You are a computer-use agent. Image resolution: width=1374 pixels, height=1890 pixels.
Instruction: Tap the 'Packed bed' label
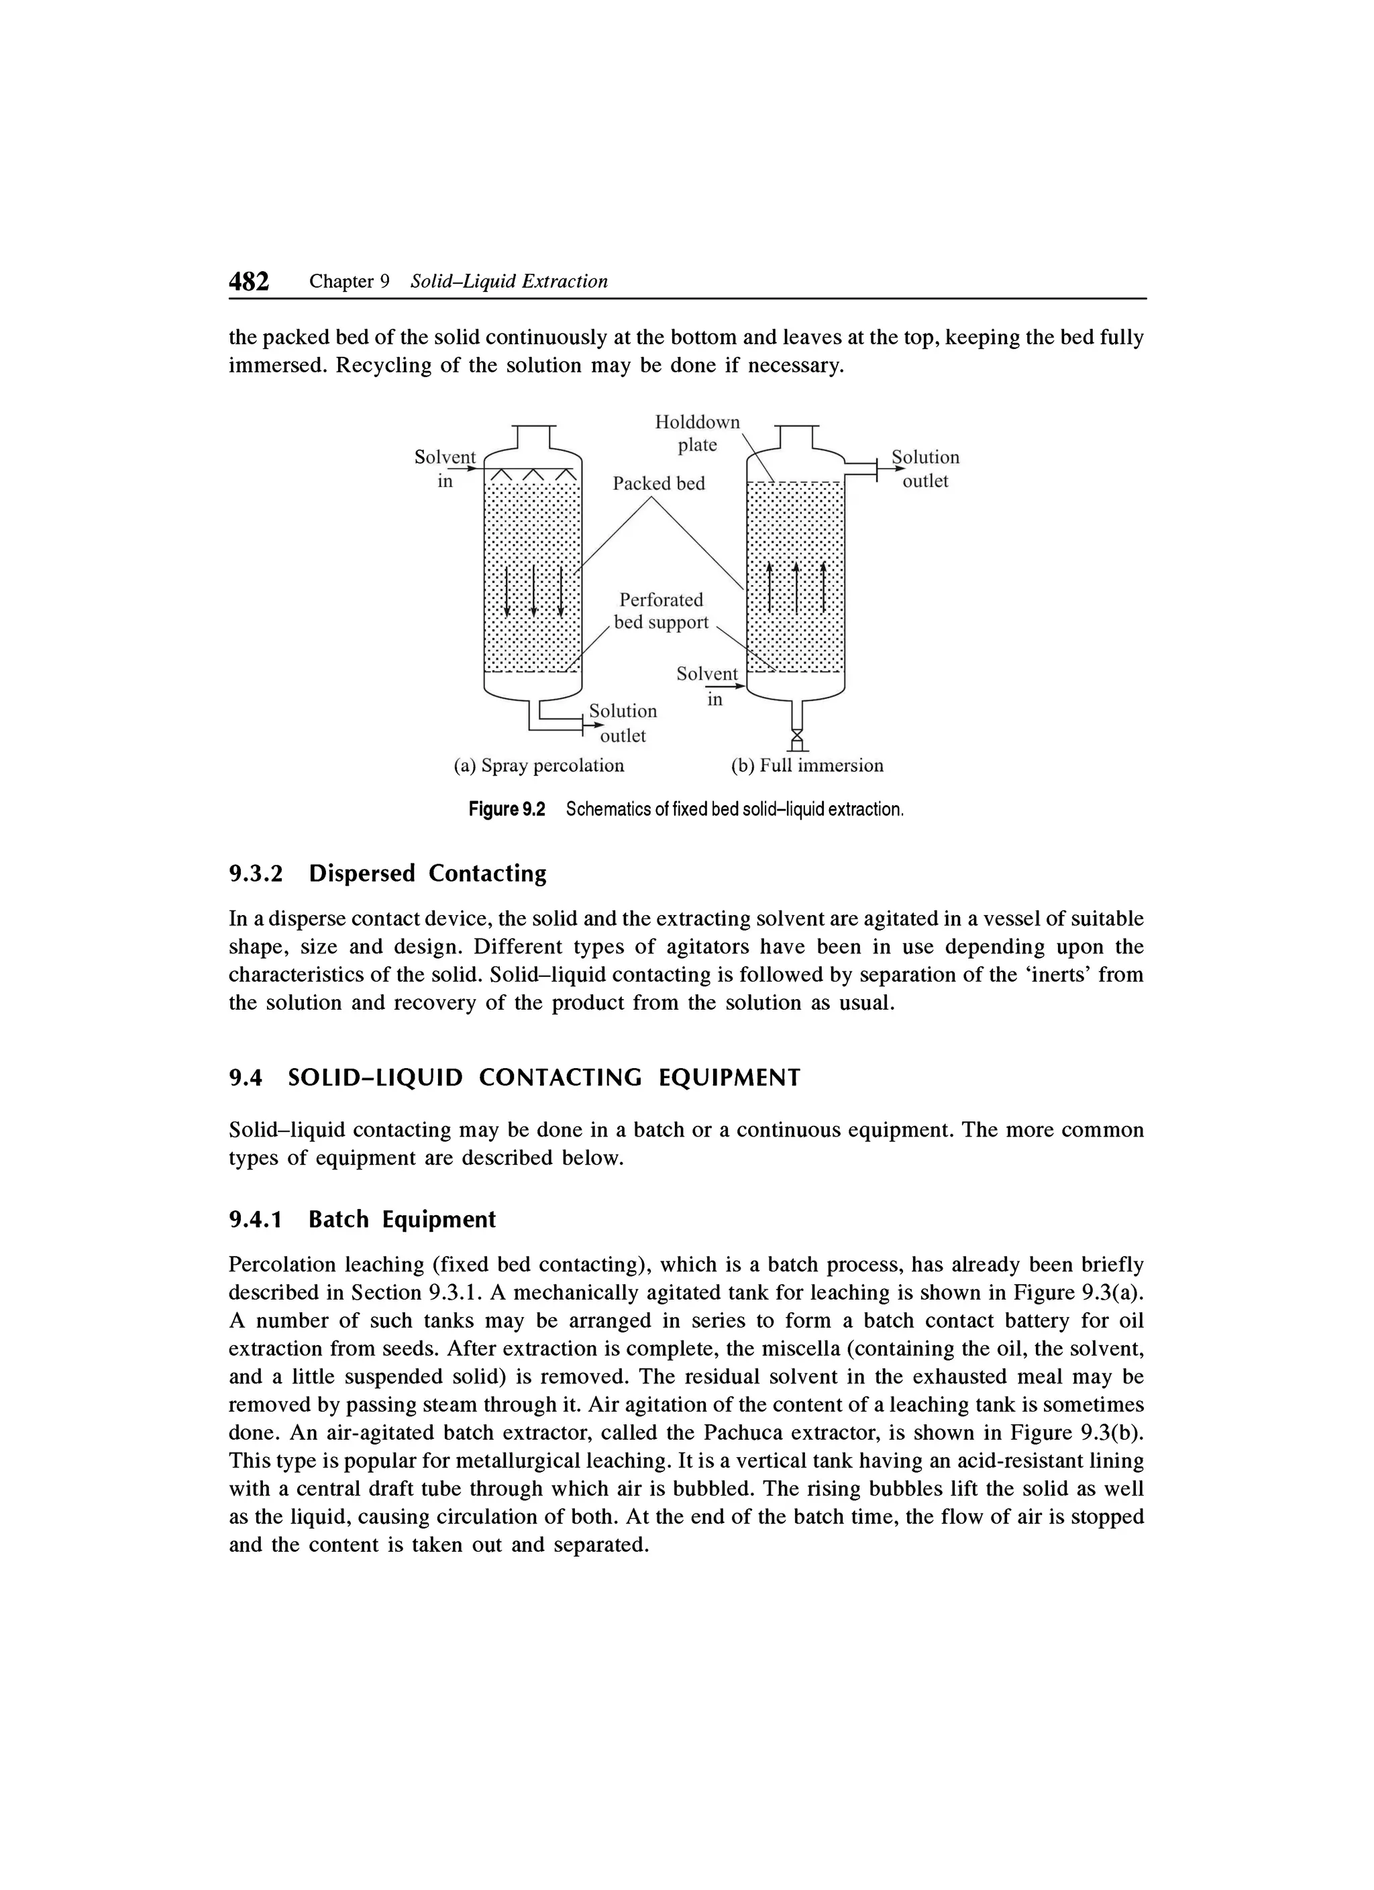658,483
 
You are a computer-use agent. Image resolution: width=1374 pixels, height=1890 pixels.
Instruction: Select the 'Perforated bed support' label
661,611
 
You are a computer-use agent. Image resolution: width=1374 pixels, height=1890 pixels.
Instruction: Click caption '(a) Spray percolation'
538,765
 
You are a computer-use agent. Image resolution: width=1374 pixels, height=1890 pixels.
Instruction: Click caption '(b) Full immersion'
806,765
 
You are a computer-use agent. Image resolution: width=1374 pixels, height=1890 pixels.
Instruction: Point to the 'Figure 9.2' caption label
507,809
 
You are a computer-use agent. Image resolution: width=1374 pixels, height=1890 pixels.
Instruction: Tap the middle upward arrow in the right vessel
796,588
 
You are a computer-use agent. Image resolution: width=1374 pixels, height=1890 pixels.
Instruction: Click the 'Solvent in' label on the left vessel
445,468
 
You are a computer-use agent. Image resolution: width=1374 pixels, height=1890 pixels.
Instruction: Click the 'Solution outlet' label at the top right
925,468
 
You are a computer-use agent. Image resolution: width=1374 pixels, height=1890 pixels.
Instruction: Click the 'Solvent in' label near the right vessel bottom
707,685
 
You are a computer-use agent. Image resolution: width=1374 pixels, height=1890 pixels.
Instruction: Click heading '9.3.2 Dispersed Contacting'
388,874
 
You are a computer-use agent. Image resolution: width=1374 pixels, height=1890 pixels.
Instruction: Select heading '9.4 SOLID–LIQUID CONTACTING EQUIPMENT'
514,1078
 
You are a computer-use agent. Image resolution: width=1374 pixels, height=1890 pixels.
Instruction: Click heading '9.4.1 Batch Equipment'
362,1219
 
